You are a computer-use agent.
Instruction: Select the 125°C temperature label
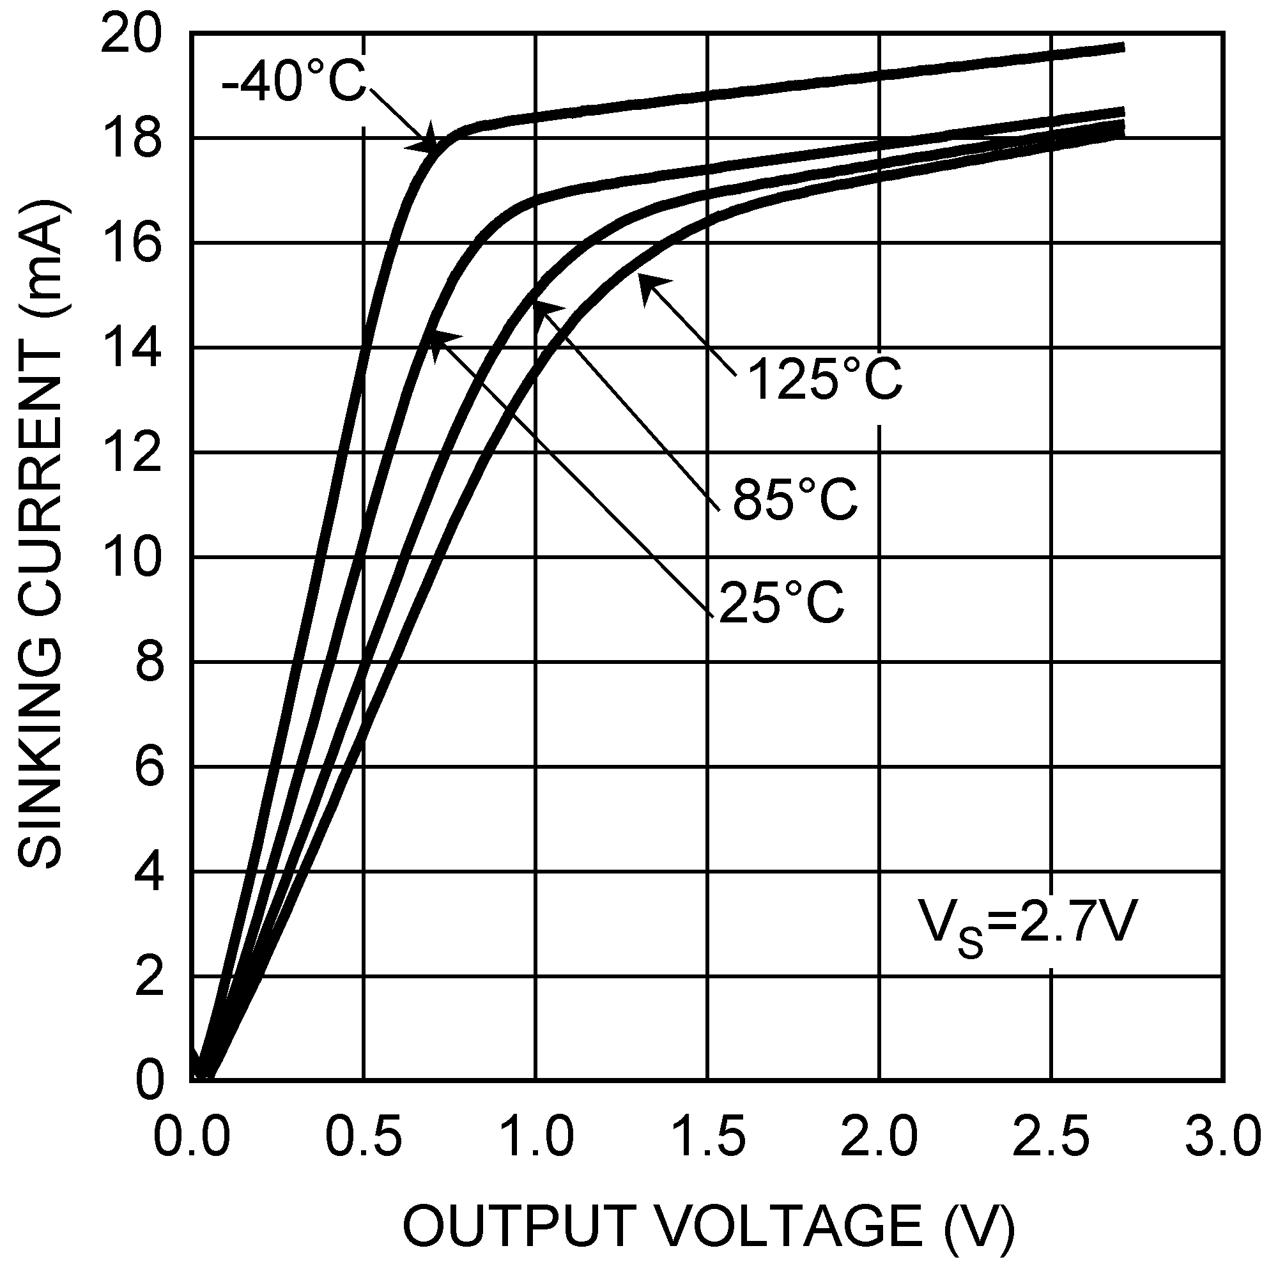(824, 379)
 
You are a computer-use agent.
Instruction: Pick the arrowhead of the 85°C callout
(541, 307)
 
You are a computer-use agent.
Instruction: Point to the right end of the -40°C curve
(1123, 47)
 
